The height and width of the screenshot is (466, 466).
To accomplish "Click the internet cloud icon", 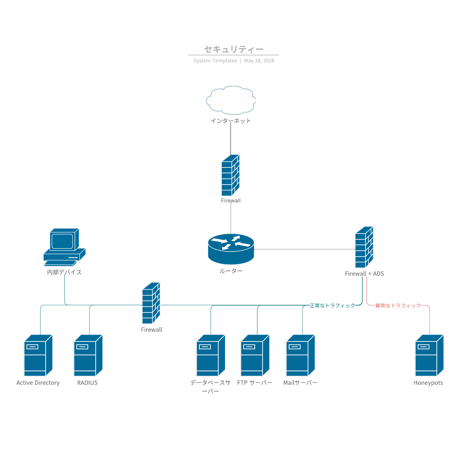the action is tap(231, 100).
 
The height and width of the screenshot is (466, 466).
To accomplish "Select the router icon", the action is tap(231, 249).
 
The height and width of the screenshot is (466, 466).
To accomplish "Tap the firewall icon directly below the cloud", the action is tap(231, 175).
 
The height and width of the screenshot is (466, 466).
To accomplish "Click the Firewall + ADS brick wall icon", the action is tap(364, 247).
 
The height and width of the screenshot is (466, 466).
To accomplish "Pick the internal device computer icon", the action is tap(64, 247).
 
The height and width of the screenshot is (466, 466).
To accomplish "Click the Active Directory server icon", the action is tap(38, 356).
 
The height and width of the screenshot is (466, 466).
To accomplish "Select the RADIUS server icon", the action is tap(88, 356).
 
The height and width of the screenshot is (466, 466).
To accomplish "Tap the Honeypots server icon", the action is tap(429, 356).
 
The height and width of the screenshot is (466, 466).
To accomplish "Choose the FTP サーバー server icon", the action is tap(255, 356).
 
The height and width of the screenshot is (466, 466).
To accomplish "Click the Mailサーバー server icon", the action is tap(301, 356).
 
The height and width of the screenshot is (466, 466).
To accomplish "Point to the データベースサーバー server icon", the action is tap(211, 356).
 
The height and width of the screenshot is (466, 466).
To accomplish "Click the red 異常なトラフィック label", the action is tap(398, 306).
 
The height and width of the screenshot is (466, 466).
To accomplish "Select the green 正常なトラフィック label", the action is tap(332, 306).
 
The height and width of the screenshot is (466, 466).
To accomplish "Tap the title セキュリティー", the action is tap(234, 49).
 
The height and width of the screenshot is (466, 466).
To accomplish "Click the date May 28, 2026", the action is tap(259, 61).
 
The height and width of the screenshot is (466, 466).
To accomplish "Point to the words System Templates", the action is tap(215, 61).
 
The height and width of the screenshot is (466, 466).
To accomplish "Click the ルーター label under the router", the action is tap(231, 271).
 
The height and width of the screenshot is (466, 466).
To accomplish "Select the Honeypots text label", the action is tap(428, 383).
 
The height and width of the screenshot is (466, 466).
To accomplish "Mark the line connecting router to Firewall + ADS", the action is tap(305, 249).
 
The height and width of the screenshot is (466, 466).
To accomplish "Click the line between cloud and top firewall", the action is tap(231, 139).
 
